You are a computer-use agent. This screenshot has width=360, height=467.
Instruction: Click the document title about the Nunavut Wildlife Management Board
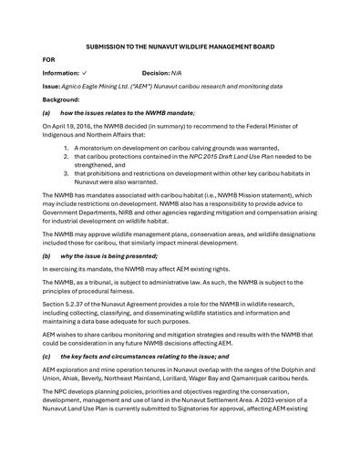coord(180,46)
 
